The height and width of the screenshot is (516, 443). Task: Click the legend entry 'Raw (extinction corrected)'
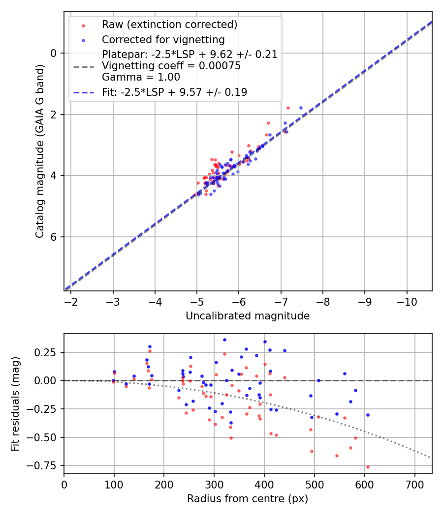coord(169,25)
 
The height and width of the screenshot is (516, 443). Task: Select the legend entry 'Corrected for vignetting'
coord(163,39)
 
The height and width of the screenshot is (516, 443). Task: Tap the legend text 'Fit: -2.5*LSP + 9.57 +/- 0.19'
coord(174,92)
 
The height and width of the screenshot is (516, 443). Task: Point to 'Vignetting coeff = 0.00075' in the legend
coord(171,66)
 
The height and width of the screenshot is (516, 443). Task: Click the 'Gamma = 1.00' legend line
coord(141,77)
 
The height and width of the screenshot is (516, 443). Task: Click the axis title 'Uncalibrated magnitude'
coord(248,316)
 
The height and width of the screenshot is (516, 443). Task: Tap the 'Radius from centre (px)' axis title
coord(248,499)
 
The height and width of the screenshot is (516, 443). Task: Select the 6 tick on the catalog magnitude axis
coord(55,237)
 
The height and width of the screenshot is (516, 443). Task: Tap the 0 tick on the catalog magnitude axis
coord(55,53)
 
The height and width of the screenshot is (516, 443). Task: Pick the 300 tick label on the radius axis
coord(214,484)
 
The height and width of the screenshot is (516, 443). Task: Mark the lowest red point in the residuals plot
coord(368,467)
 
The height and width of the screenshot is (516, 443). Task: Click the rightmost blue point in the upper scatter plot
coord(301,108)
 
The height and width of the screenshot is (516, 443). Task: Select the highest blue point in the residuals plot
coord(224,340)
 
